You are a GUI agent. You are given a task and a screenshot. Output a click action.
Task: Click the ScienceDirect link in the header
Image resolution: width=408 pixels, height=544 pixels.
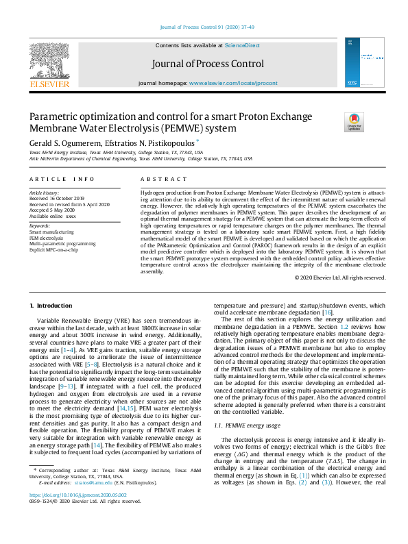242,45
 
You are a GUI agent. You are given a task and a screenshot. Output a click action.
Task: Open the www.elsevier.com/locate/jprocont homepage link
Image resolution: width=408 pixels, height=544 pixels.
233,83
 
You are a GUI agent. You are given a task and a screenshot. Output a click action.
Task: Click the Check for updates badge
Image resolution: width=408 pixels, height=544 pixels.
355,122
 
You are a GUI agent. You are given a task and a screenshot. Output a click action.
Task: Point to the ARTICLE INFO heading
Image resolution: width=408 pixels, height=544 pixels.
62,180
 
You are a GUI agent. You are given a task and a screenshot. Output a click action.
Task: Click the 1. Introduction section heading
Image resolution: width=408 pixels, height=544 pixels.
52,304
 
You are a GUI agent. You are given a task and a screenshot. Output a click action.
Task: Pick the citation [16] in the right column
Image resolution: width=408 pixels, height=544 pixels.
328,331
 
